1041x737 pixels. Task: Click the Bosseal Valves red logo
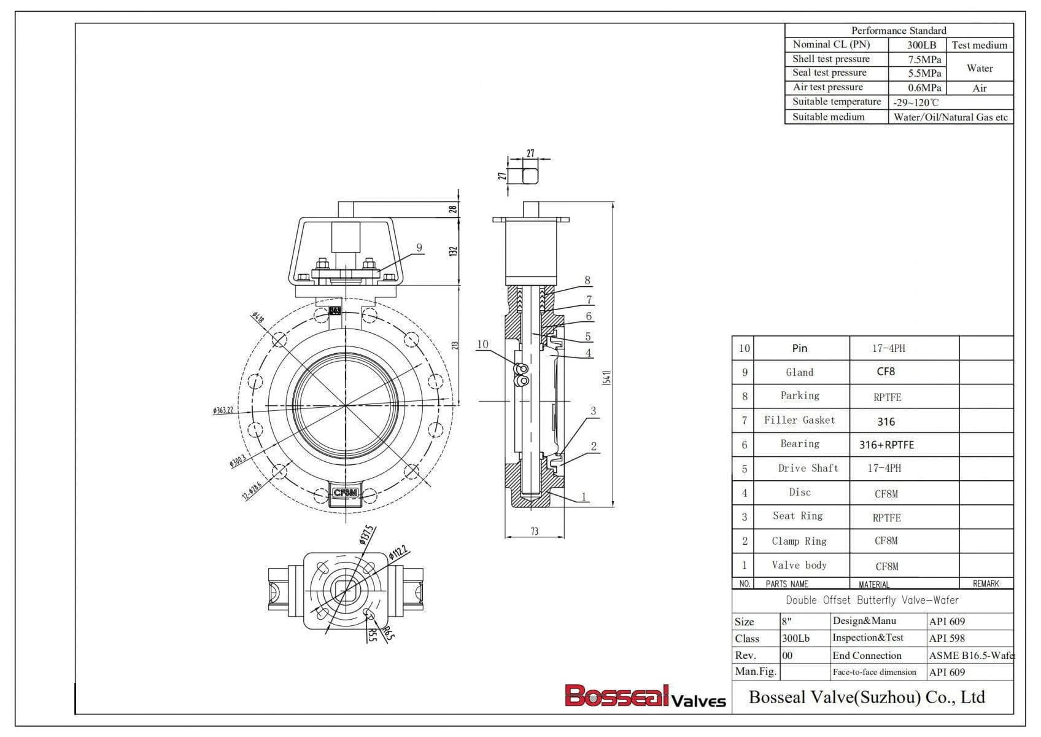point(644,696)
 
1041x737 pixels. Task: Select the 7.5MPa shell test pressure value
point(924,60)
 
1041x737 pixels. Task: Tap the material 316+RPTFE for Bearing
point(886,445)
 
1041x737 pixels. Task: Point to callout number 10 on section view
point(482,344)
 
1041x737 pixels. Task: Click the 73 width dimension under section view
point(534,531)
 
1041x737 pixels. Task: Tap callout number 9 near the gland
point(419,248)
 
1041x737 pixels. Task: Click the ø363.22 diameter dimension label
point(223,410)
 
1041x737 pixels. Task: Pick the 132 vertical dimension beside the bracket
point(453,251)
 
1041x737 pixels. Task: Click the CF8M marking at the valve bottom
point(345,493)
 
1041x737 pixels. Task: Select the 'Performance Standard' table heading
point(898,31)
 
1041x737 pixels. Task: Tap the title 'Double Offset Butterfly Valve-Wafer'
point(872,600)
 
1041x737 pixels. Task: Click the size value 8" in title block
point(786,622)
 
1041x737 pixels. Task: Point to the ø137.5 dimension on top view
point(366,535)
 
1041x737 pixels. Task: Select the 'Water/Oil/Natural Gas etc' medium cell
point(950,117)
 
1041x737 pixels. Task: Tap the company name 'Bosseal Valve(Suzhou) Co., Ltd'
point(867,697)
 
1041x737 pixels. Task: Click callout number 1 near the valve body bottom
point(583,496)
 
